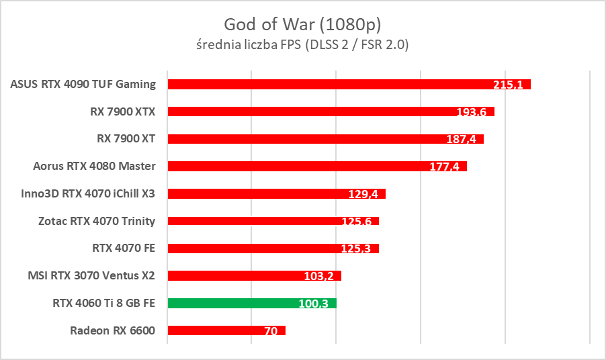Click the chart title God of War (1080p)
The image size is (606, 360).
(303, 25)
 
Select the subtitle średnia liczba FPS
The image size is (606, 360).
(303, 45)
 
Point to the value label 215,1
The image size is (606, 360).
(509, 85)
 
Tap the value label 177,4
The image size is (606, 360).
(445, 167)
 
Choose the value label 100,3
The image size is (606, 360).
(314, 304)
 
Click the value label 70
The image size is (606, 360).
(271, 331)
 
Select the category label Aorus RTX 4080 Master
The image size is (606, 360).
(94, 166)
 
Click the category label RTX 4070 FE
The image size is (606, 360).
(124, 248)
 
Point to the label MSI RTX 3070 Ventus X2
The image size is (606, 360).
(91, 275)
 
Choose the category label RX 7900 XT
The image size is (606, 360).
(126, 138)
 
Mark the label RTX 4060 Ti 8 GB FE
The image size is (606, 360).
(103, 303)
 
